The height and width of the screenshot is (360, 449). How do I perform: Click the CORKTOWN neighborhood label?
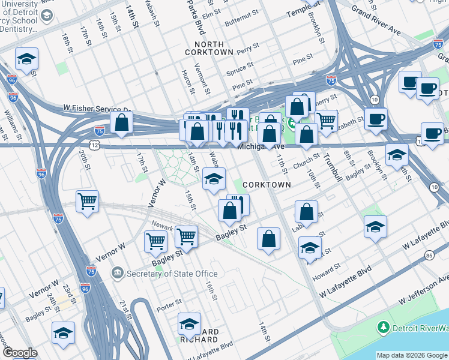(x=269, y=185)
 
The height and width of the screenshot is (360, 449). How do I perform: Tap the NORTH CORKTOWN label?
(x=209, y=49)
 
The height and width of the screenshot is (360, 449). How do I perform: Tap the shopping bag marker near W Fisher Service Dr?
(x=122, y=123)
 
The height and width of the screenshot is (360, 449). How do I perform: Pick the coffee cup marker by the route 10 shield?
(x=376, y=118)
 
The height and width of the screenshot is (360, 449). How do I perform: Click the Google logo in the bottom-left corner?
(x=20, y=353)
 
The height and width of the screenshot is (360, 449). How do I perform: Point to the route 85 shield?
(x=428, y=255)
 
